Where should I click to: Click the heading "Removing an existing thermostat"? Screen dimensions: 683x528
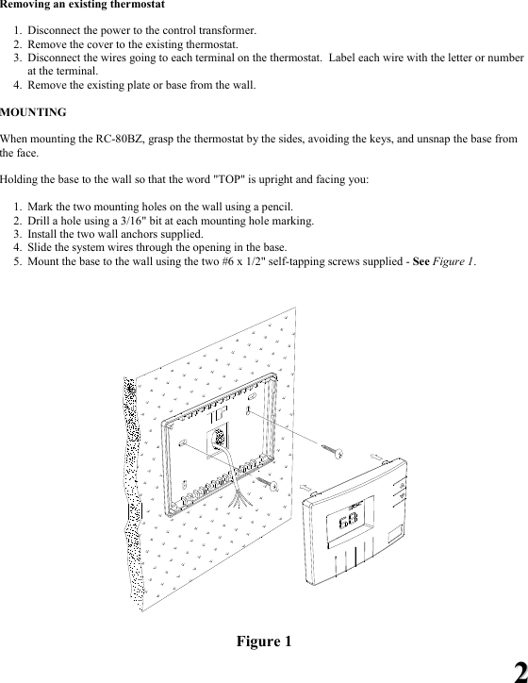[83, 6]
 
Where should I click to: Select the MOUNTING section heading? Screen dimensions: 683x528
[33, 112]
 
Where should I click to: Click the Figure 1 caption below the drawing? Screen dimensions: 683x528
[264, 642]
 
